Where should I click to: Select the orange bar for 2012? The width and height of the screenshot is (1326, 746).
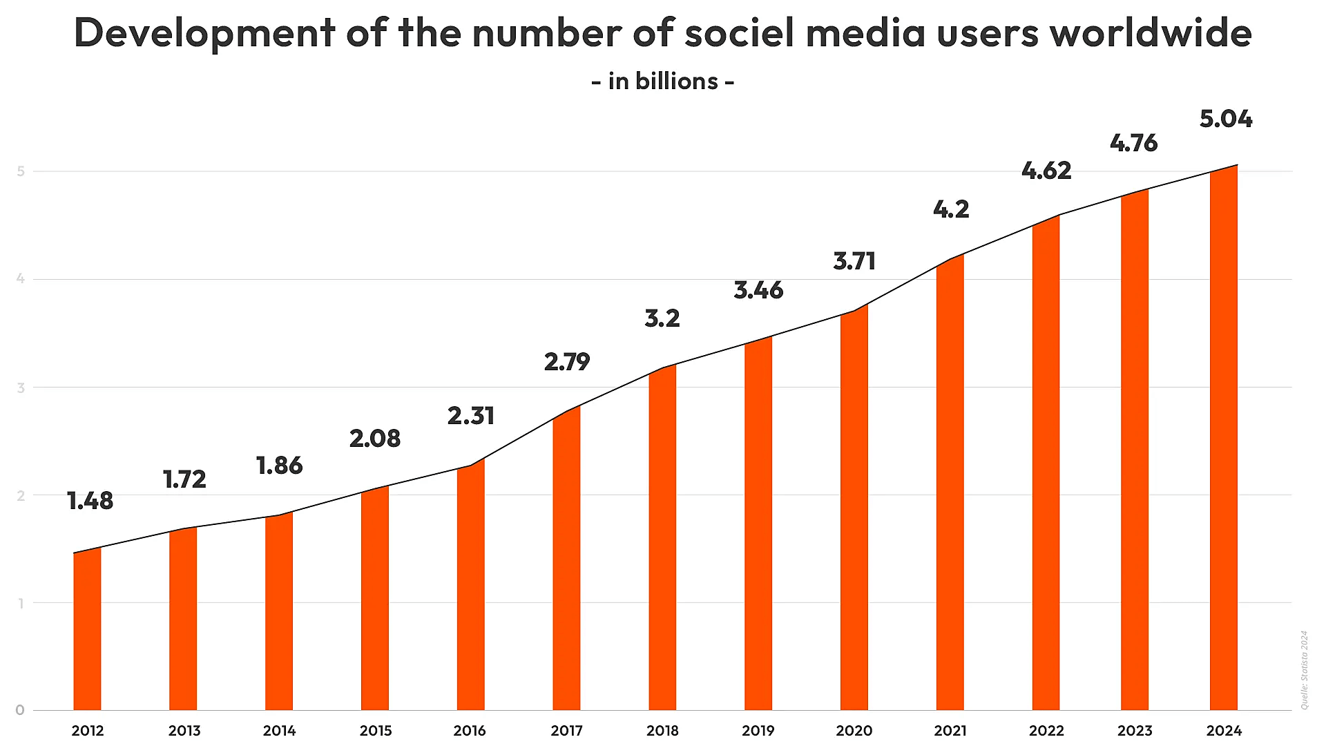tap(87, 629)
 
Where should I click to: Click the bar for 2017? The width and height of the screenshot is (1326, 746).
tap(566, 559)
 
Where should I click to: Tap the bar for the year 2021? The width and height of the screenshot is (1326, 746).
tap(950, 484)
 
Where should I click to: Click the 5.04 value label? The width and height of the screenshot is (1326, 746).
tap(1225, 119)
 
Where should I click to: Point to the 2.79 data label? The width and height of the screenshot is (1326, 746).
tap(566, 362)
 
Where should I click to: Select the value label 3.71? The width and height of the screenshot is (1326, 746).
tap(854, 261)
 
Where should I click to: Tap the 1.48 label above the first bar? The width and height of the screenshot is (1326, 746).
tap(90, 501)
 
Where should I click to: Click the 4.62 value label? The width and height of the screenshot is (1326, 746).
tap(1046, 171)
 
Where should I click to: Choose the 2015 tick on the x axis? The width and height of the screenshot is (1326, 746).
tap(375, 730)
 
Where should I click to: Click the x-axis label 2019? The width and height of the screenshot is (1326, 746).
tap(758, 730)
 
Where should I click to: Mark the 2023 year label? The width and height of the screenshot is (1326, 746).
tap(1134, 730)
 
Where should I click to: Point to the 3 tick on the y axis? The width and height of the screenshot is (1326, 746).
tap(21, 388)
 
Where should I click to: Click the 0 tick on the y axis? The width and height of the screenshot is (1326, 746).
tap(20, 710)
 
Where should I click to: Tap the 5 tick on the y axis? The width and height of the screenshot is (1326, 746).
tap(21, 171)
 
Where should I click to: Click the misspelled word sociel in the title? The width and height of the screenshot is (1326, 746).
tap(739, 32)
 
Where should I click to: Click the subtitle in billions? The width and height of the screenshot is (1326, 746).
tap(663, 82)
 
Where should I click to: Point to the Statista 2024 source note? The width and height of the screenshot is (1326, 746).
tap(1304, 669)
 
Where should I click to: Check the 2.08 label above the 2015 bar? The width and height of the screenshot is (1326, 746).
tap(374, 439)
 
